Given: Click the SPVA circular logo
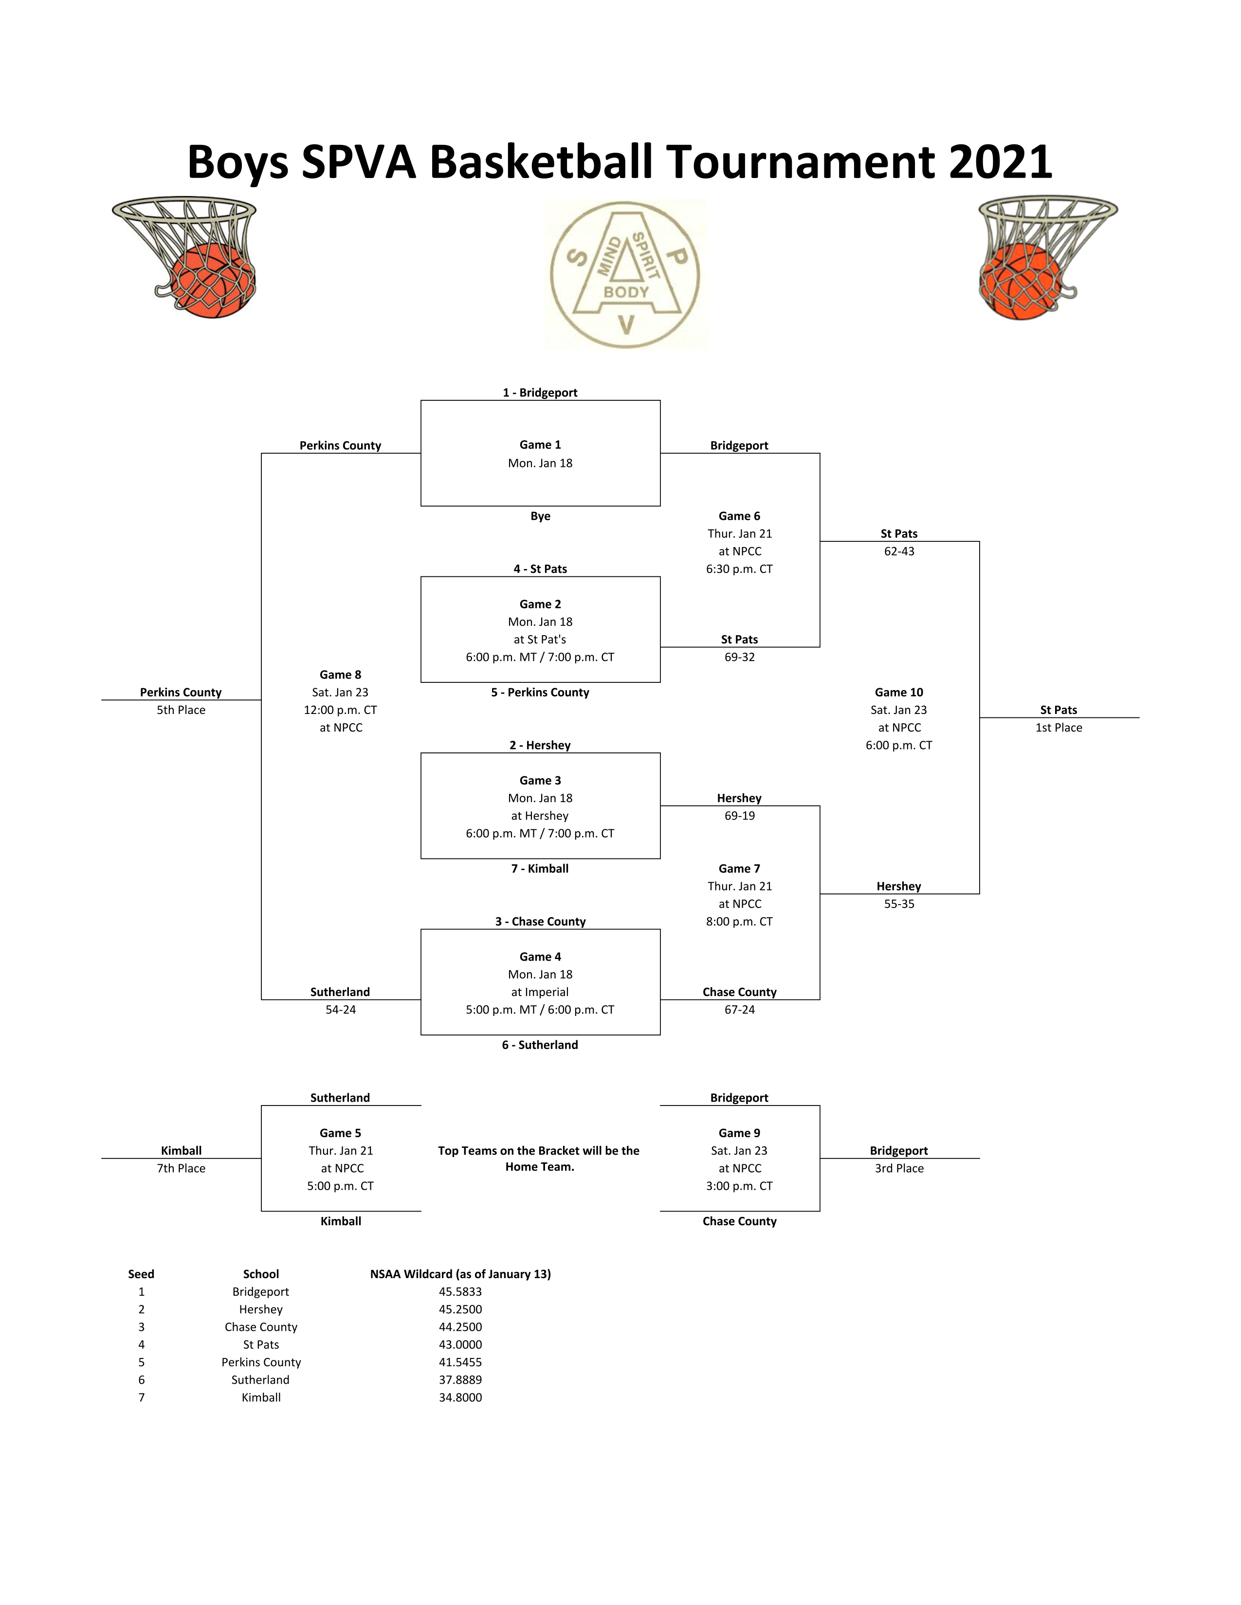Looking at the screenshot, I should (x=626, y=275).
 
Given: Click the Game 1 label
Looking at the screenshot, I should (x=540, y=445).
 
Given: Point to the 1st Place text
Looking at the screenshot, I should (x=1058, y=728).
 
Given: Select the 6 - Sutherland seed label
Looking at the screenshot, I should (x=540, y=1045).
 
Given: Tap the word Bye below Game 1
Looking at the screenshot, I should (x=540, y=516).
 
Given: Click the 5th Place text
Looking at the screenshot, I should (x=181, y=710).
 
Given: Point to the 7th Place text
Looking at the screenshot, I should (x=181, y=1168).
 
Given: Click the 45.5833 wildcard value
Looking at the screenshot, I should (x=460, y=1292).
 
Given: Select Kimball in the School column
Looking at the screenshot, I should (x=261, y=1398).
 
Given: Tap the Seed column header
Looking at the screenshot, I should (x=141, y=1274).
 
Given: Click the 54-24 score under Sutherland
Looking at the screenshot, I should (x=340, y=1010).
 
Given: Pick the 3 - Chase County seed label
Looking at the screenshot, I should (x=540, y=922).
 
